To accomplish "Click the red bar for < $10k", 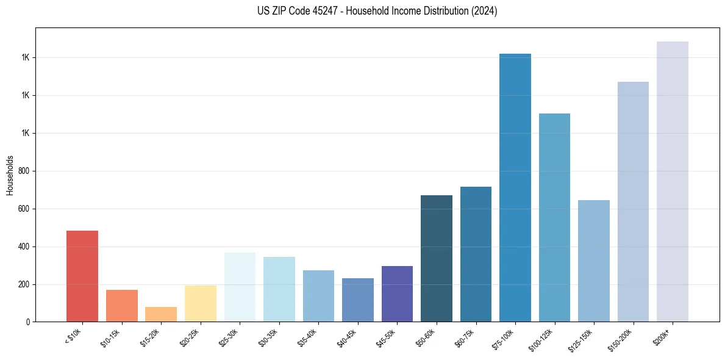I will (82, 276).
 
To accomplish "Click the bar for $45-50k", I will (397, 293).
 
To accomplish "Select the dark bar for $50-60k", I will (437, 259).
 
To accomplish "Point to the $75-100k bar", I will (515, 188).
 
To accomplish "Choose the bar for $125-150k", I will (594, 261).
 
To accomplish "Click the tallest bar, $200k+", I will (673, 182).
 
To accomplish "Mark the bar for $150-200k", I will (633, 202).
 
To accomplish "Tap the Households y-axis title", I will (10, 175).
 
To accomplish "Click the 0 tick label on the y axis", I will (27, 322).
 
